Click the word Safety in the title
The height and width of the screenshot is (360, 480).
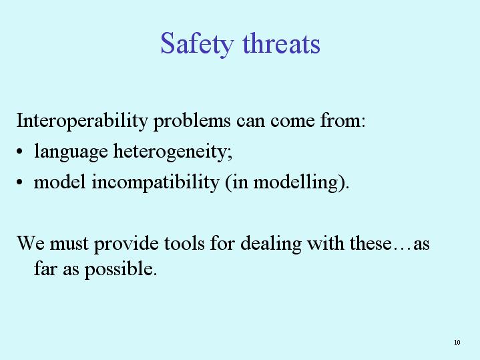197,45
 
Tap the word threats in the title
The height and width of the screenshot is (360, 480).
281,43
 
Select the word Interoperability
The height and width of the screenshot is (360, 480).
82,121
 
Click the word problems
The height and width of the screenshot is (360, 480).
192,121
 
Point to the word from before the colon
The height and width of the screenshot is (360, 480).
340,120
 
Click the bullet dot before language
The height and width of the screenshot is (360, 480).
19,152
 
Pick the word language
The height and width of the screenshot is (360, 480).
71,152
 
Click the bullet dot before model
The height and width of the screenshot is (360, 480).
19,182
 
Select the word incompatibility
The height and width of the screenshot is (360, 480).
156,182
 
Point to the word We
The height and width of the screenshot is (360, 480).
30,244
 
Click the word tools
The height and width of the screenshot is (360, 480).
184,244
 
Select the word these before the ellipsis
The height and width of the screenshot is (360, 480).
371,244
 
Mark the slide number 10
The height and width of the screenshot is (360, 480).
457,342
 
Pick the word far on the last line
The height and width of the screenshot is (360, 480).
45,268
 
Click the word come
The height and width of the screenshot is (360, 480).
292,122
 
